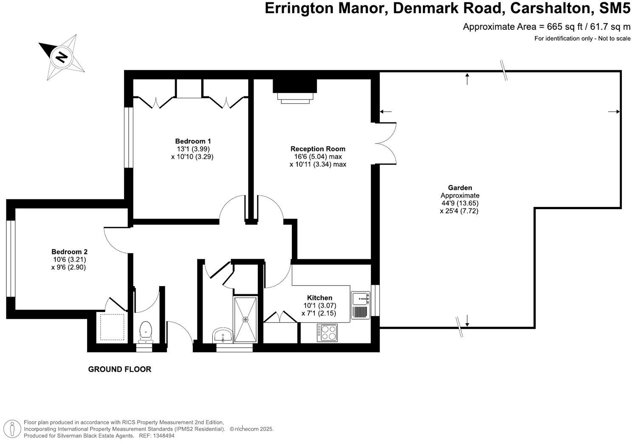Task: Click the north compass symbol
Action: coord(62,57)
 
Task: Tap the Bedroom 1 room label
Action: coord(193,141)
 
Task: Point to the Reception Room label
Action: coord(318,149)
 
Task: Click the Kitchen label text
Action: coord(319,297)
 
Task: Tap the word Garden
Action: coord(460,188)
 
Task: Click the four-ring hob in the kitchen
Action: coord(327,332)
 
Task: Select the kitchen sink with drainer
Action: coord(360,305)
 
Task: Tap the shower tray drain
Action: coord(245,319)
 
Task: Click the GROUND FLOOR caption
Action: coord(119,369)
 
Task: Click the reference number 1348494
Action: coord(163,436)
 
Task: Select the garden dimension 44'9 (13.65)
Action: coord(460,203)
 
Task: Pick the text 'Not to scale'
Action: coord(614,39)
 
